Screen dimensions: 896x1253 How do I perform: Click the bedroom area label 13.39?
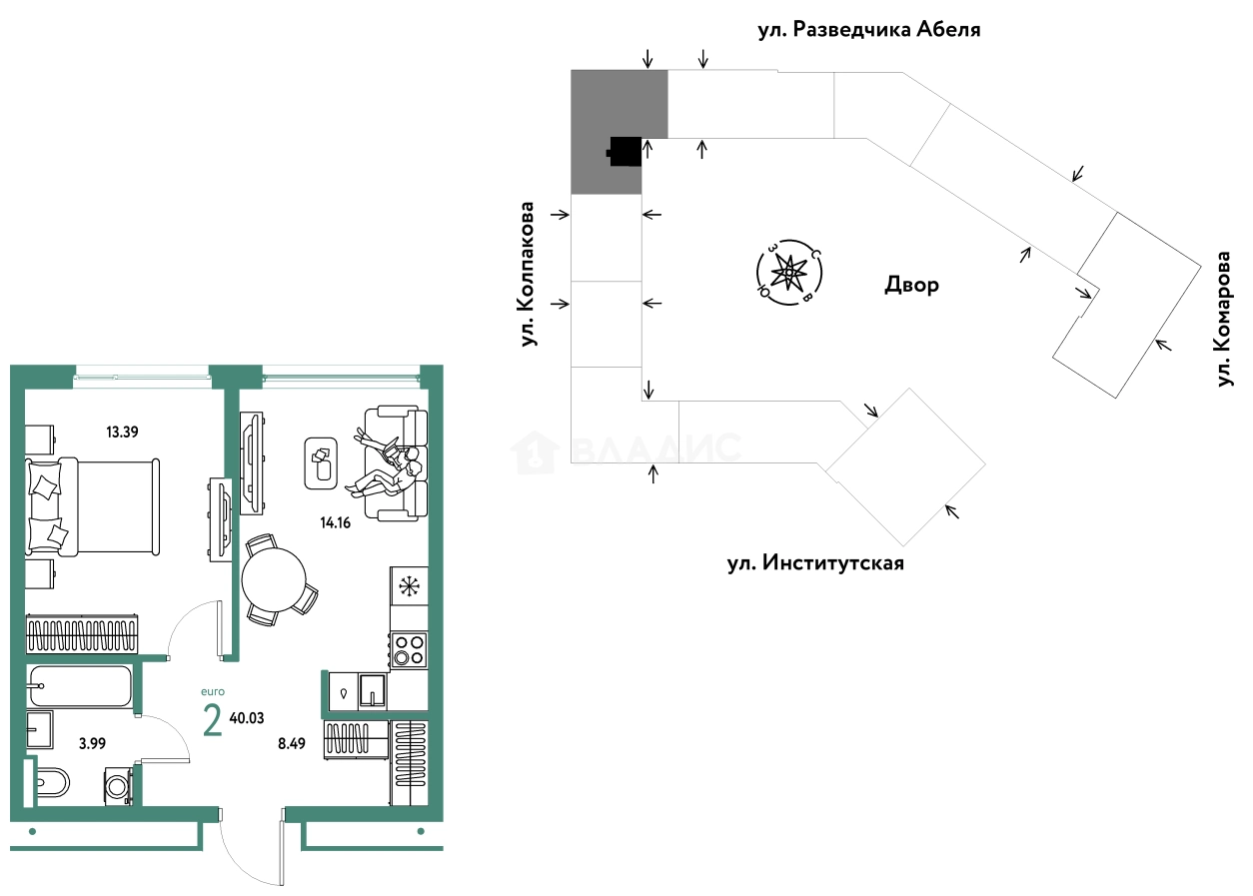[123, 433]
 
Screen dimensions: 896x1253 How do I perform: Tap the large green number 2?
[212, 719]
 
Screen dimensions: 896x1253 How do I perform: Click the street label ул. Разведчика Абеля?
[868, 29]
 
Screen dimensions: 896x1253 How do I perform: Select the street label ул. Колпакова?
[528, 275]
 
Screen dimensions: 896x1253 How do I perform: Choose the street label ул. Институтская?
[815, 563]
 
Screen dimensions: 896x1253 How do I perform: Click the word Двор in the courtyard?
[911, 286]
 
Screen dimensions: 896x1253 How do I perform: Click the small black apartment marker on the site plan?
[624, 152]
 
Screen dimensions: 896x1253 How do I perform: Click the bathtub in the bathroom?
[80, 686]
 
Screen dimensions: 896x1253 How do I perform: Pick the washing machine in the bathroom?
[118, 785]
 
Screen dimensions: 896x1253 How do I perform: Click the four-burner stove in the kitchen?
[409, 649]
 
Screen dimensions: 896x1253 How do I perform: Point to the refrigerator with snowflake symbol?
[409, 586]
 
